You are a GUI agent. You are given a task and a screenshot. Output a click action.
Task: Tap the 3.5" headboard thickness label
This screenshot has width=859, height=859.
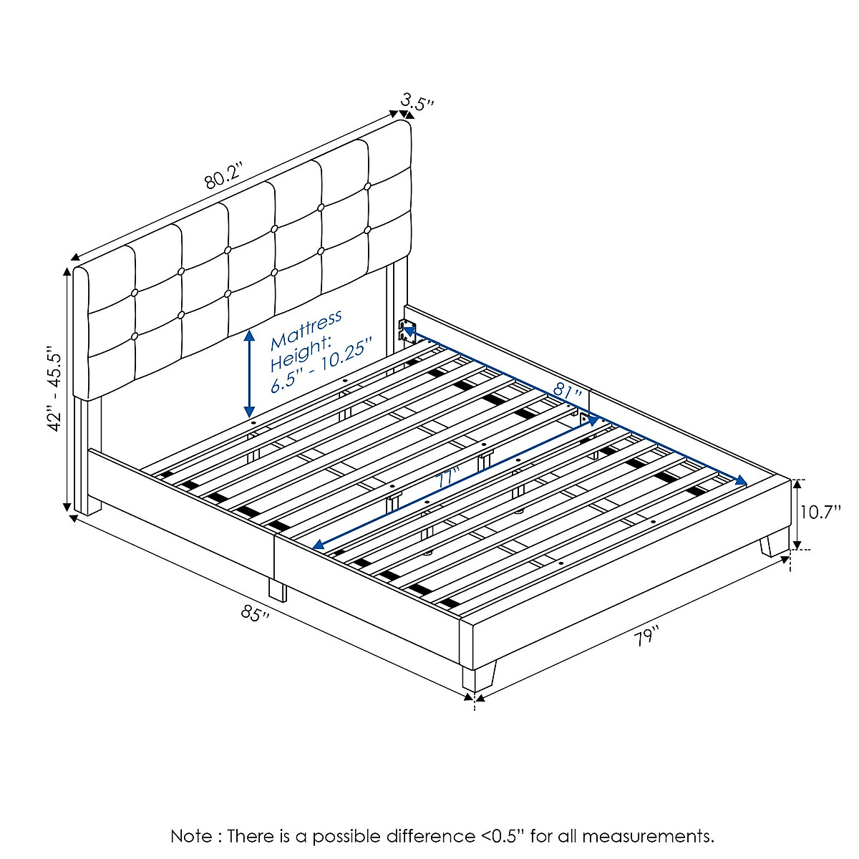point(418,103)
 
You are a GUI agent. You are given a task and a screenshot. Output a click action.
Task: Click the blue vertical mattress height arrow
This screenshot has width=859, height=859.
point(249,374)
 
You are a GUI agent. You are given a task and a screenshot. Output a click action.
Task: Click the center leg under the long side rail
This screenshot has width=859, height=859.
point(277,589)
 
